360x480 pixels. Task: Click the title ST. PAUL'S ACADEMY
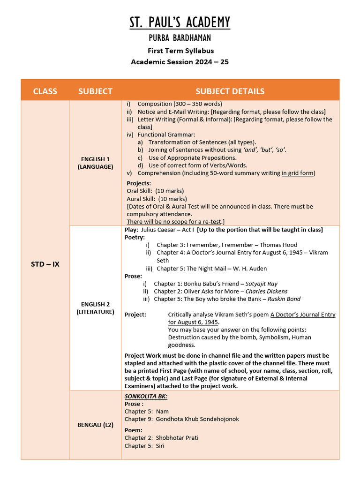point(180,22)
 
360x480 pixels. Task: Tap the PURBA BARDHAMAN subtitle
point(180,38)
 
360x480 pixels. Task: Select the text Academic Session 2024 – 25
point(180,61)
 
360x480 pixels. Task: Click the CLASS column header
point(45,91)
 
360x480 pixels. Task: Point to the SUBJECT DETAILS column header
point(230,91)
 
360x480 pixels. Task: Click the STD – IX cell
point(45,264)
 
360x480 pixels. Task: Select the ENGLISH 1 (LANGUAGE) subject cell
point(95,163)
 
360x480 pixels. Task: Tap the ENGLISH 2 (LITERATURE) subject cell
point(95,308)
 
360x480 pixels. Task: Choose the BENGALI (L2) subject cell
point(95,425)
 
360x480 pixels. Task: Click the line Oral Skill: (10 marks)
point(155,191)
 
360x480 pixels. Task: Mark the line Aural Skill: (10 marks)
point(157,199)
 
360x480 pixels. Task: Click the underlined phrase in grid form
point(298,173)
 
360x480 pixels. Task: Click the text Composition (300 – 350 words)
point(180,104)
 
